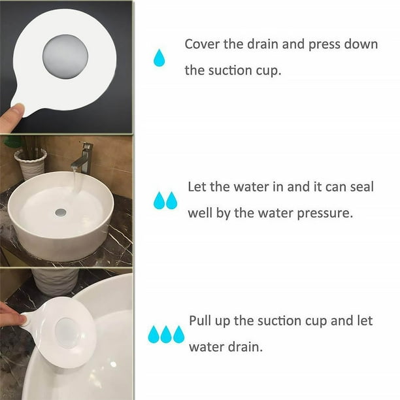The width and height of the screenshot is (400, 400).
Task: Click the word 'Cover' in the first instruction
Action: [203, 44]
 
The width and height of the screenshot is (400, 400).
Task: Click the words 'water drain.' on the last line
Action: [225, 347]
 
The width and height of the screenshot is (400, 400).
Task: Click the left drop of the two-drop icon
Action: [159, 201]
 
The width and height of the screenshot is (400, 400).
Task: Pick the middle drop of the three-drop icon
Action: [166, 335]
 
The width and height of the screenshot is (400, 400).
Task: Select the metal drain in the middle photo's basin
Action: [61, 212]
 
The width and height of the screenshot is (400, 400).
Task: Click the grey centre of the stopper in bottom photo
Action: [67, 332]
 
